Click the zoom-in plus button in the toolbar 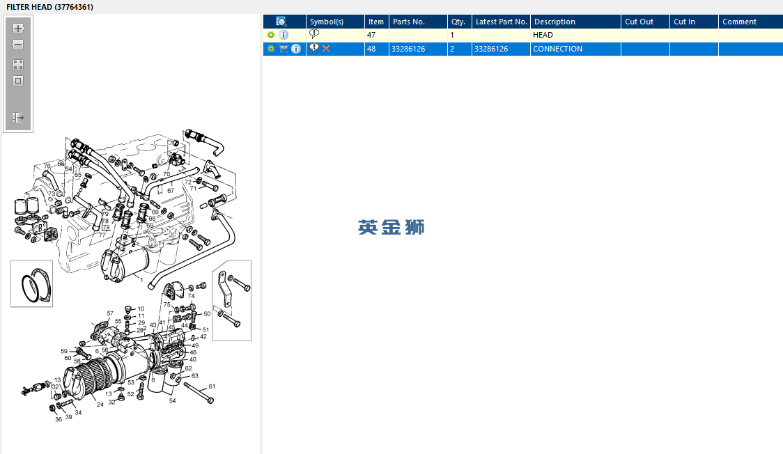pos(18,29)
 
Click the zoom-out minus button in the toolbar pos(18,45)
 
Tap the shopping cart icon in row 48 pos(284,49)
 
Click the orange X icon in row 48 pos(326,49)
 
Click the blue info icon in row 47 pos(284,35)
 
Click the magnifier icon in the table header pos(281,22)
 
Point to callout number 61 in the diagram pos(212,386)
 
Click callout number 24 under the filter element pos(100,404)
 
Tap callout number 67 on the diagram pos(170,190)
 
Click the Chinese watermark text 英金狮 pos(391,227)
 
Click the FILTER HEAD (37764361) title pos(49,7)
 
